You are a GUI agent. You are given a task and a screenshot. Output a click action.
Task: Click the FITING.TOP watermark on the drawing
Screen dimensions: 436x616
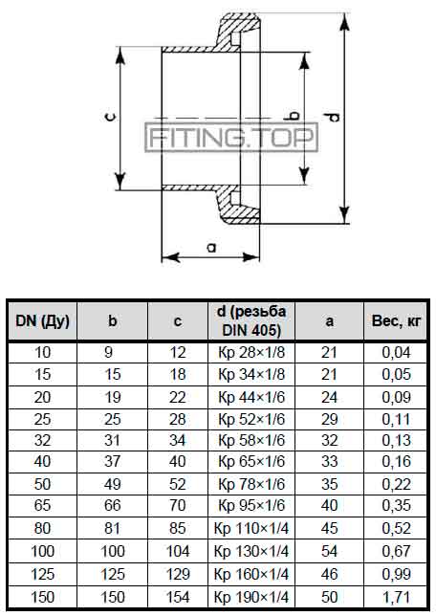click(x=231, y=138)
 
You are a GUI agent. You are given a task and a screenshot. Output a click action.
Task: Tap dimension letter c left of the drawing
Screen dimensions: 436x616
click(x=111, y=117)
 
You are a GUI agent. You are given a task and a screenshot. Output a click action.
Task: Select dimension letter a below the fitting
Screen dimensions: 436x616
click(x=211, y=248)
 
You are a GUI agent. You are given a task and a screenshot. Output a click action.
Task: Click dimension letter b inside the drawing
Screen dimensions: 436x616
click(x=294, y=117)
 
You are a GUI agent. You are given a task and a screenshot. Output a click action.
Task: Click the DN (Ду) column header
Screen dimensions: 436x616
click(x=42, y=321)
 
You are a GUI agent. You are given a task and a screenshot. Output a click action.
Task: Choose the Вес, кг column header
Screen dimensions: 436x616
click(x=397, y=321)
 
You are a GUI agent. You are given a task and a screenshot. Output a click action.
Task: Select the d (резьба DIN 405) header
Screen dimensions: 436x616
click(x=251, y=321)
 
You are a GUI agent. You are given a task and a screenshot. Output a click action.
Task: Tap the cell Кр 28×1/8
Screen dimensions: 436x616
click(x=251, y=352)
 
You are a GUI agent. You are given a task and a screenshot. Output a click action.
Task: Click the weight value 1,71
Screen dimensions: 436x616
click(x=397, y=598)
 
